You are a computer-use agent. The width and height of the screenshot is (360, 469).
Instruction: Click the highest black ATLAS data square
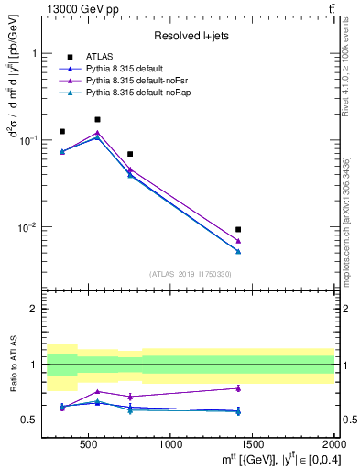point(97,119)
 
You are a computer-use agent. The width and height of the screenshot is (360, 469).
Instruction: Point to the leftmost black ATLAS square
point(62,131)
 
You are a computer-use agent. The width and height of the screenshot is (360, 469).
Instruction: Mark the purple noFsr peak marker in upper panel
point(97,132)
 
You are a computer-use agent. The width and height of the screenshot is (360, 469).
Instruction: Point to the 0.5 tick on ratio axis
point(37,420)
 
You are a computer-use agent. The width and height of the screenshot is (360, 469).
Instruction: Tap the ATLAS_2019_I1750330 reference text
point(191,274)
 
